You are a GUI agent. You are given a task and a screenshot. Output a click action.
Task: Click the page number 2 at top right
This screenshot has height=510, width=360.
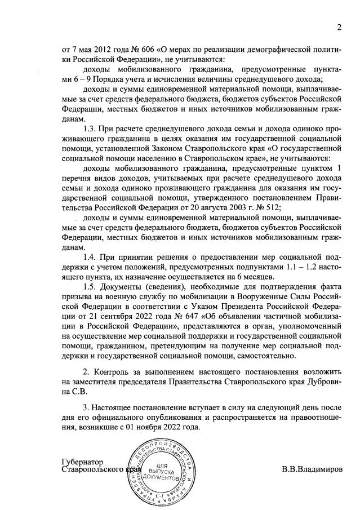tap(339, 28)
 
